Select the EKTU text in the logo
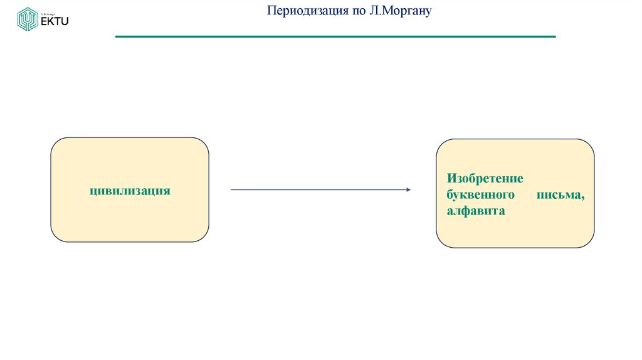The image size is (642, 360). tap(55, 21)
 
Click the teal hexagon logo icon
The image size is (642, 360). tap(27, 19)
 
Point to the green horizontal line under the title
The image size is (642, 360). tap(335, 37)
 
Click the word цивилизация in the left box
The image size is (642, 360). tap(130, 190)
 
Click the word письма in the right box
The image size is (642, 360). tap(560, 196)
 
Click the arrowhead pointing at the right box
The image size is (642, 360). tap(408, 189)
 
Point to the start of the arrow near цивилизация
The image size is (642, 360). tap(233, 189)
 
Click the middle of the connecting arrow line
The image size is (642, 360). tap(320, 189)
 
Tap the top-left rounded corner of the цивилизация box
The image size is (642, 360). tap(55, 142)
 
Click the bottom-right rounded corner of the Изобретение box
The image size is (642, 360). tap(589, 243)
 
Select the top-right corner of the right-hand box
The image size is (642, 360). tap(589, 144)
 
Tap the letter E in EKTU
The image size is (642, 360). tap(44, 21)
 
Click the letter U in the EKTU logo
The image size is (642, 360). tap(65, 21)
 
